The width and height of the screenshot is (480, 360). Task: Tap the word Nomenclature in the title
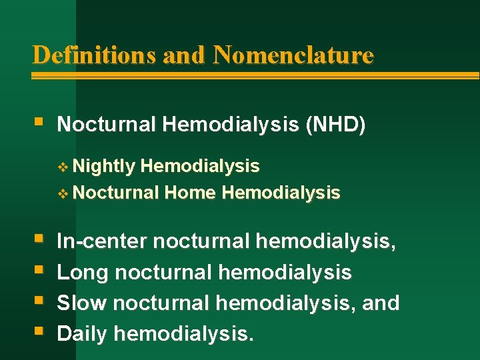[293, 55]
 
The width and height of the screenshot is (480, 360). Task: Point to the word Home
[190, 193]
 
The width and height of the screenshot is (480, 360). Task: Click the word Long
[83, 272]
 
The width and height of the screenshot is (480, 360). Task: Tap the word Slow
[82, 303]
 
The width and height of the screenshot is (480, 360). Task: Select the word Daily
[82, 333]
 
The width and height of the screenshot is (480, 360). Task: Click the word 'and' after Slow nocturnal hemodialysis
[381, 303]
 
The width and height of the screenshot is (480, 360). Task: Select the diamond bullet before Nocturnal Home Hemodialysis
[63, 194]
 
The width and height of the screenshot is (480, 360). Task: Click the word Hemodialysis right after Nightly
[201, 166]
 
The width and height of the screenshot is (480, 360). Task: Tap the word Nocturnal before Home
[116, 193]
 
